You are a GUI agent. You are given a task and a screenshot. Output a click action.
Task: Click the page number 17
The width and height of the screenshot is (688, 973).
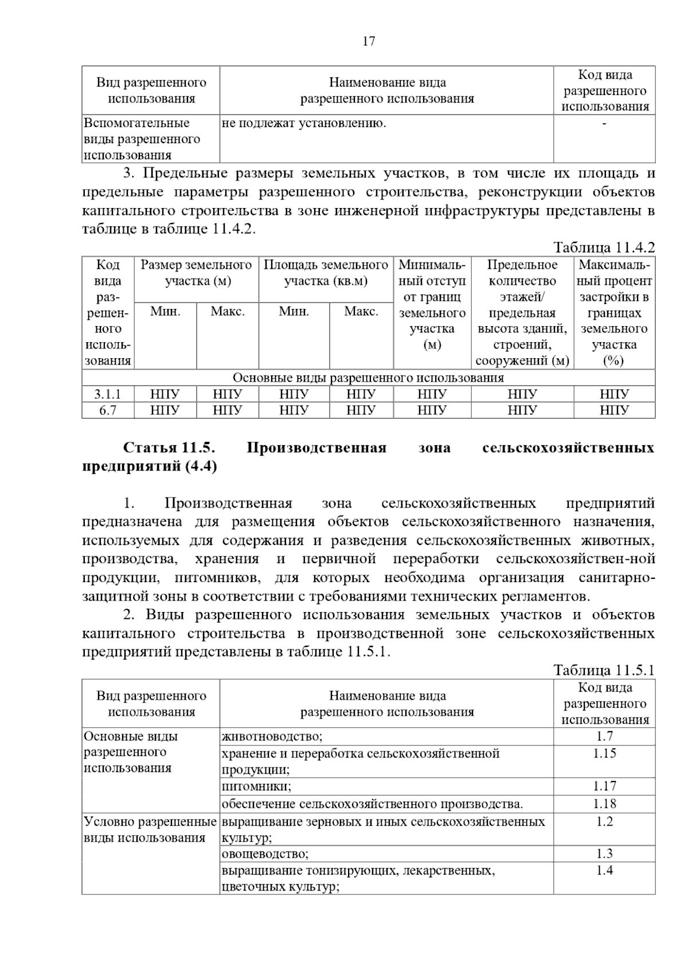point(369,41)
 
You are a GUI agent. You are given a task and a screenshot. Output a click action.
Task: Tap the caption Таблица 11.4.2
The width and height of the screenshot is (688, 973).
point(604,248)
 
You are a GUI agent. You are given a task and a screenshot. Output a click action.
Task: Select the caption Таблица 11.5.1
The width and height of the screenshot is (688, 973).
point(604,670)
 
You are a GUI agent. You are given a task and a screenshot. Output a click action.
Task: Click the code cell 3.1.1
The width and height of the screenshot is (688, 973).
point(108,394)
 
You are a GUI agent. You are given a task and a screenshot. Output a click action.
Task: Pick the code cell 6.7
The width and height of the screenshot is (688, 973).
point(108,410)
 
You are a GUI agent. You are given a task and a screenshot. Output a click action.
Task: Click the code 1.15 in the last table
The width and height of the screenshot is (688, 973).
point(604,753)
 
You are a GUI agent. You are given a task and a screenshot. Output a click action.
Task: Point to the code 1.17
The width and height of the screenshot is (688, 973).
point(604,786)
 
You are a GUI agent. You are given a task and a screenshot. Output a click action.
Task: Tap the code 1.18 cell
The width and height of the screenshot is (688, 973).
point(604,803)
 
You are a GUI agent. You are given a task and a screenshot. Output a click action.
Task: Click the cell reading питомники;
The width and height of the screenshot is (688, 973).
point(256,786)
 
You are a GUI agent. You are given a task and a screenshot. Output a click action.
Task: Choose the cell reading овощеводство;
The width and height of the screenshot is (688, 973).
point(265,854)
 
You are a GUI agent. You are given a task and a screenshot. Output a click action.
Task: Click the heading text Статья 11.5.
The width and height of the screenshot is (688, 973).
point(169,448)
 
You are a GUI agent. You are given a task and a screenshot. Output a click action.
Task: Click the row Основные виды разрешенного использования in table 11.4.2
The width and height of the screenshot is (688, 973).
point(368,378)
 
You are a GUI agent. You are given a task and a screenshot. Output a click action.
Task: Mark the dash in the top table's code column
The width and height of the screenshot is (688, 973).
point(604,123)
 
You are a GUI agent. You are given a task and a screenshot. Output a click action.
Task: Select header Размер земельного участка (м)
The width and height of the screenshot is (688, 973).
point(196,273)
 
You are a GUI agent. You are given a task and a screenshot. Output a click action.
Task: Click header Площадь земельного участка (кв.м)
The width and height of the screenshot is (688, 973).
point(326,273)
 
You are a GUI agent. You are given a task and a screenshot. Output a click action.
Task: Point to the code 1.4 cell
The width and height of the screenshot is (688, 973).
point(604,870)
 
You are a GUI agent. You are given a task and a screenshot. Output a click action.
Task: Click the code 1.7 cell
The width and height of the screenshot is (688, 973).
point(604,736)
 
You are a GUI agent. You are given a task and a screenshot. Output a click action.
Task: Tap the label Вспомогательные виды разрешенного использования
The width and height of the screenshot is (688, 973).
point(142,139)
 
